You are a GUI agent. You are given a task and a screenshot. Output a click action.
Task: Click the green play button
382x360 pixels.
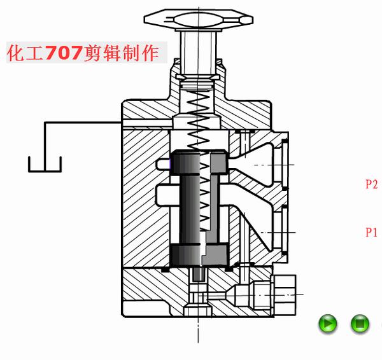tap(328, 323)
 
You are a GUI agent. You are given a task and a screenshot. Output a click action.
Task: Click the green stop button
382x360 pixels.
tap(360, 323)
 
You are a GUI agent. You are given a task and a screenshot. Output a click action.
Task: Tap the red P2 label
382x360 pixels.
tap(372, 184)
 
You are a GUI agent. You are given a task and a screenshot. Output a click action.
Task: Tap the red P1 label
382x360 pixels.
tap(371, 232)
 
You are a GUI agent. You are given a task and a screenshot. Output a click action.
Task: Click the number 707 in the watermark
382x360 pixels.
tap(63, 53)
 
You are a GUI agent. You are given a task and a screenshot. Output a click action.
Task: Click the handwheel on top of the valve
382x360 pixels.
tap(199, 20)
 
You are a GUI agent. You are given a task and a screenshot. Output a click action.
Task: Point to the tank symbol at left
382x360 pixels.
tap(45, 165)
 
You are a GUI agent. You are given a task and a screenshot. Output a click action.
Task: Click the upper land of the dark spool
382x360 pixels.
tap(199, 162)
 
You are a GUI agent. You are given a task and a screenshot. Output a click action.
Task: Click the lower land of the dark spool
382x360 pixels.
tap(199, 255)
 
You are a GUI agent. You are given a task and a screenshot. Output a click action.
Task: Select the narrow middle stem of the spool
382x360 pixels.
tap(199, 209)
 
